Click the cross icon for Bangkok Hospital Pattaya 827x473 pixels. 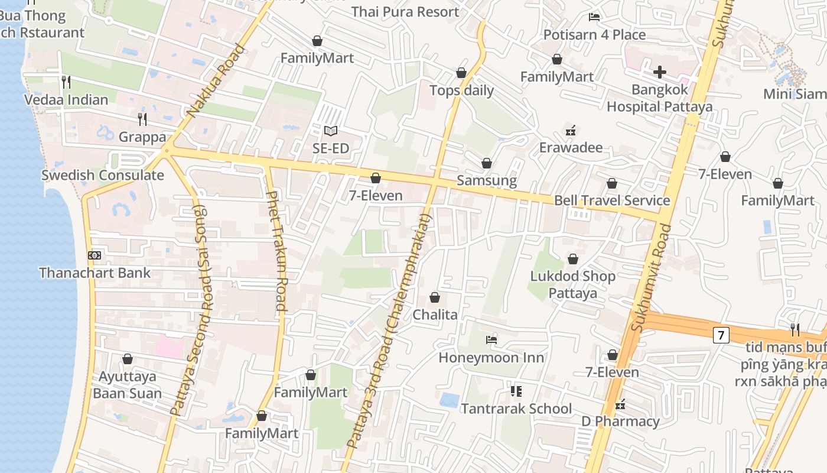[660, 73]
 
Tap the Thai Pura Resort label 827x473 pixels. [405, 12]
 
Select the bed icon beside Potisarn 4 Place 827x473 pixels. [594, 17]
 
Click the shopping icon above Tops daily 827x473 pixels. [461, 73]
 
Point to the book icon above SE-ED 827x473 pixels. [331, 131]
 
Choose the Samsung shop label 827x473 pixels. [487, 180]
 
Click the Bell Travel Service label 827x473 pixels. [611, 200]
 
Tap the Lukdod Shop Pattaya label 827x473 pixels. [572, 284]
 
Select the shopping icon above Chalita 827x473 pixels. [435, 297]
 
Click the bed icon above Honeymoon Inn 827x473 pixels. [491, 340]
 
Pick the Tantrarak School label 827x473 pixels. [516, 409]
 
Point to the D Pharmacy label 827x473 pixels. [620, 422]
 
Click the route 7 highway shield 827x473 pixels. [720, 335]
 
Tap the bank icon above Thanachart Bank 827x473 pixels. [95, 255]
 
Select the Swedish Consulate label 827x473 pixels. [102, 175]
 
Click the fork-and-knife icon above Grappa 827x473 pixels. [142, 119]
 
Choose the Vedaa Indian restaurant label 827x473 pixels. [66, 99]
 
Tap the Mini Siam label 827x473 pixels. [794, 94]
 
